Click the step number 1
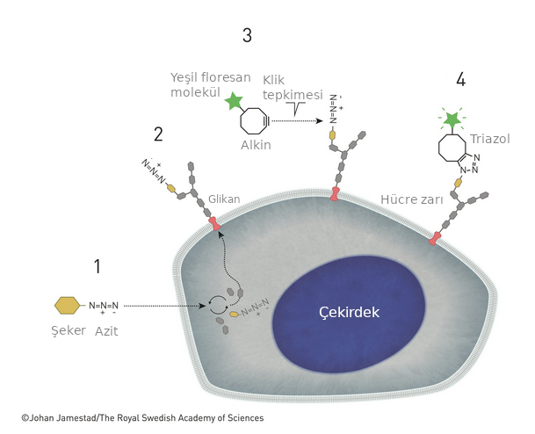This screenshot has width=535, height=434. click(x=98, y=266)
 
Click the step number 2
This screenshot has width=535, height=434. click(x=158, y=134)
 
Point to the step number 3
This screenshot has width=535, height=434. click(x=247, y=35)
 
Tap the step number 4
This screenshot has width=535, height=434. click(x=460, y=79)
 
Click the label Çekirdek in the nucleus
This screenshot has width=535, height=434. click(x=349, y=312)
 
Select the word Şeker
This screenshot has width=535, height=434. click(x=69, y=330)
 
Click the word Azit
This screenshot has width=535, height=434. click(x=106, y=331)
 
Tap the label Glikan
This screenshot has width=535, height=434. click(x=224, y=199)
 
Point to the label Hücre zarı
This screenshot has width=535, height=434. click(x=412, y=199)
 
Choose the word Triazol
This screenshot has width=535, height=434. click(x=490, y=139)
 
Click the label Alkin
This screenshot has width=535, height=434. click(x=256, y=145)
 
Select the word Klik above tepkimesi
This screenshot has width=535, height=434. click(x=273, y=80)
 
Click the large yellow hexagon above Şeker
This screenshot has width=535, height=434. click(x=68, y=305)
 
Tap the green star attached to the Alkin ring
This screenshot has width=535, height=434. click(x=234, y=101)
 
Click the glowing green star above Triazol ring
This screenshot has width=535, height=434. click(x=452, y=119)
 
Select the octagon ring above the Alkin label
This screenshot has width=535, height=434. click(x=254, y=121)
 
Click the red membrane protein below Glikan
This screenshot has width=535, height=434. click(x=214, y=223)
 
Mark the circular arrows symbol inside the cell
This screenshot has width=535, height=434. click(x=217, y=305)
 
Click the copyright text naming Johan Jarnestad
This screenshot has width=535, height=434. click(x=142, y=418)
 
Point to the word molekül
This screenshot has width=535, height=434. click(x=196, y=92)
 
